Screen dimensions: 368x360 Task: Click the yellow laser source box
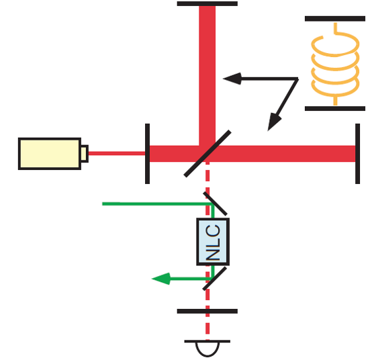(x=50, y=154)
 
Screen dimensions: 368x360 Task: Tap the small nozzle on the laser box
(x=85, y=154)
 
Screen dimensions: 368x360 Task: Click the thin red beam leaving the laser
(x=117, y=154)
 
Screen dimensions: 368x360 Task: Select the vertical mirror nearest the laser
(x=147, y=154)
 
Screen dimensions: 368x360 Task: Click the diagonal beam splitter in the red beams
(x=208, y=154)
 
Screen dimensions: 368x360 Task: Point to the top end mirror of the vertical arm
(x=208, y=4)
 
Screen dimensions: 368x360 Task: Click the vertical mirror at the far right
(x=357, y=154)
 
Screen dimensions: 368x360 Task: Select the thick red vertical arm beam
(x=208, y=76)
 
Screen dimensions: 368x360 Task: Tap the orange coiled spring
(x=335, y=64)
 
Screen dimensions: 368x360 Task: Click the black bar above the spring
(x=335, y=19)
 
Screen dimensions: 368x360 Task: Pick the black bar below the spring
(x=335, y=108)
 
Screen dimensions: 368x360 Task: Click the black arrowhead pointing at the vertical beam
(x=232, y=79)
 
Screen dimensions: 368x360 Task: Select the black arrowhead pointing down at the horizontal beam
(x=274, y=122)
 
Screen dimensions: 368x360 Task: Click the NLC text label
(x=213, y=242)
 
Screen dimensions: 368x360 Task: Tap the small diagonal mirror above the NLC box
(x=215, y=204)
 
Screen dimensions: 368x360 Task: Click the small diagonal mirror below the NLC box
(x=215, y=279)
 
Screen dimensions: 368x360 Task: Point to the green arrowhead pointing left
(x=161, y=279)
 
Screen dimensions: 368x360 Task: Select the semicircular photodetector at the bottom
(x=208, y=349)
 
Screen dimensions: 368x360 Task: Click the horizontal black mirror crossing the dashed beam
(x=208, y=311)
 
